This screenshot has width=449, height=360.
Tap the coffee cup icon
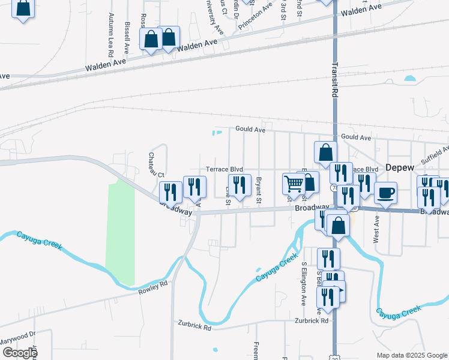click(385, 193)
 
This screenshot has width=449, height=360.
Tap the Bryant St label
click(259, 190)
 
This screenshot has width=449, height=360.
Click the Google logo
click(19, 353)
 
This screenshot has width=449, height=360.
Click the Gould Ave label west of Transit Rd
click(250, 129)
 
